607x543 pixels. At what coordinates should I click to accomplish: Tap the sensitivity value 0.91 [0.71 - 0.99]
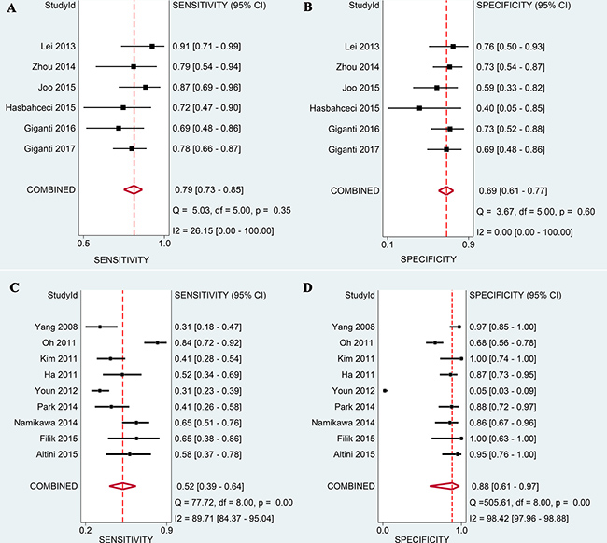[x=216, y=46]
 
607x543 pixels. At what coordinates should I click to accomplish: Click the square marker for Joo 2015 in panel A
[x=146, y=87]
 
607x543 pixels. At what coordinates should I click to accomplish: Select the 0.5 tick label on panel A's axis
[x=83, y=243]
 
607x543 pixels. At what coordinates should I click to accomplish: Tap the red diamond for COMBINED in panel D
[x=445, y=485]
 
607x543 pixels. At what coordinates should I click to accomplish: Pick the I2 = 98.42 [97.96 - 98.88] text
[x=529, y=518]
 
